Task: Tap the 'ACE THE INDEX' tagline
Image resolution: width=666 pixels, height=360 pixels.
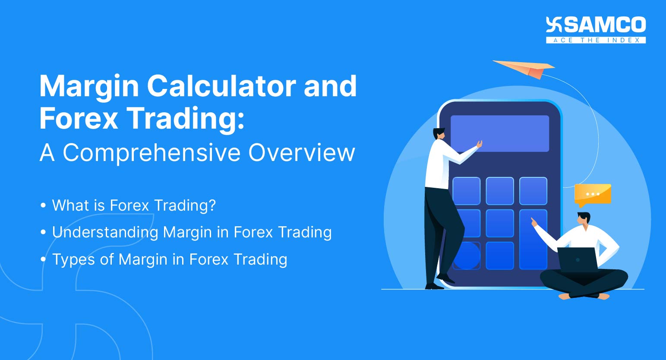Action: tap(596, 40)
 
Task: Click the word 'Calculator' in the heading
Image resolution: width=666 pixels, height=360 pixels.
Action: tap(221, 86)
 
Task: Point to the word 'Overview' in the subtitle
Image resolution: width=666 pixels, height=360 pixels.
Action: tap(302, 153)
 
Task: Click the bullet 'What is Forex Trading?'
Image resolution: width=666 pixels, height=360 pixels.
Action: tap(134, 205)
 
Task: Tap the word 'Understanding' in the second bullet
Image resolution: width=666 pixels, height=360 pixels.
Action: tap(105, 233)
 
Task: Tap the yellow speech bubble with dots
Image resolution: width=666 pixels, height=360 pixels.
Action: tap(593, 195)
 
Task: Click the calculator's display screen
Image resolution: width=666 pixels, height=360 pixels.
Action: tap(499, 133)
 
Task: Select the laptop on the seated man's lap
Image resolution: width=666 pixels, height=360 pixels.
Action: tap(577, 259)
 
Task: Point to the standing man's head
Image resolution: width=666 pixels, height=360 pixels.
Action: tap(439, 133)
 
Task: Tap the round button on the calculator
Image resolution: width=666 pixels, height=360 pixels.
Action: tap(467, 256)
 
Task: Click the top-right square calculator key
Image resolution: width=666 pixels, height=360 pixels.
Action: tap(533, 191)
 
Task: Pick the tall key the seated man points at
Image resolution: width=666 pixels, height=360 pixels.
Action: tap(533, 239)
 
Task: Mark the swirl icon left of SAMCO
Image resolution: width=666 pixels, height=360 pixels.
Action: tap(554, 24)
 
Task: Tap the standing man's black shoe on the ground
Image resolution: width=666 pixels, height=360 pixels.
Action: tap(434, 287)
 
